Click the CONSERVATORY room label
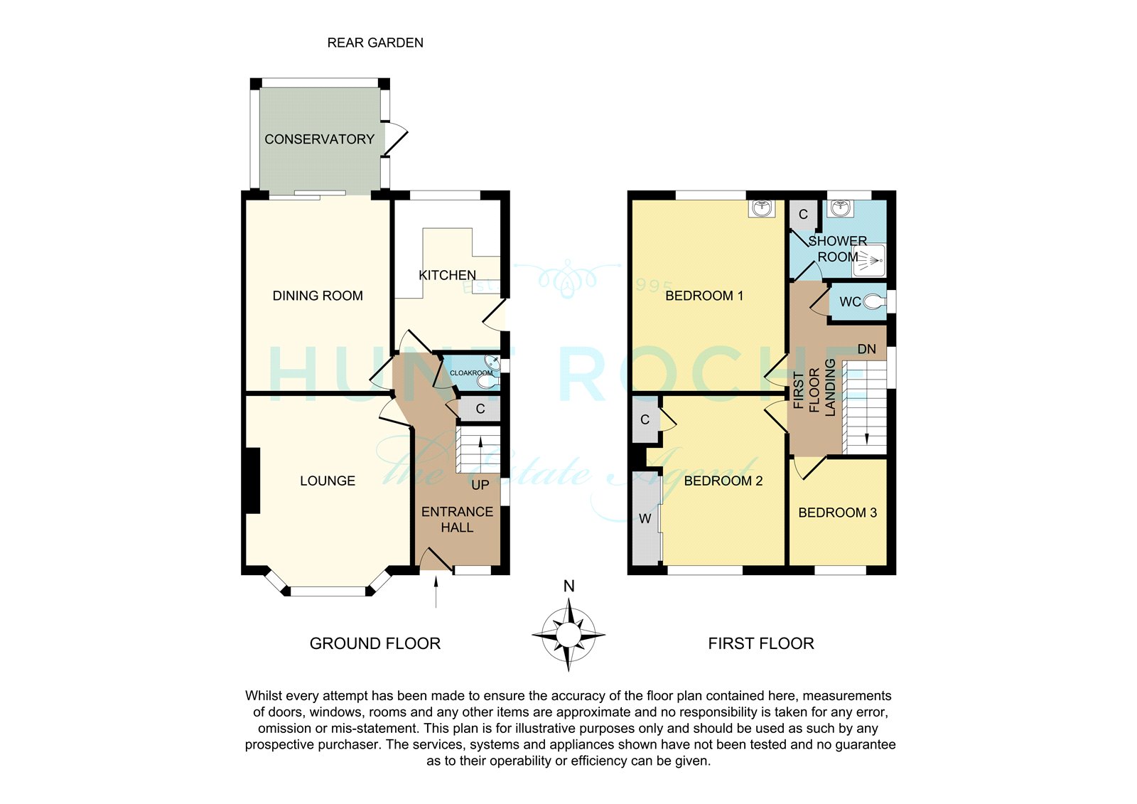(319, 139)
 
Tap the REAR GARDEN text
(375, 43)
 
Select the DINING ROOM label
(318, 296)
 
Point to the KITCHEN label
(447, 275)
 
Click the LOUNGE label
(328, 481)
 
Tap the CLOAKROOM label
(471, 372)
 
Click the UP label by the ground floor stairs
(480, 485)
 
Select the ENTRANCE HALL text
(458, 520)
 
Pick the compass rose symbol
(568, 635)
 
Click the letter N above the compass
(569, 586)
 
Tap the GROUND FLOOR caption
(375, 643)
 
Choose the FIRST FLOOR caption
(761, 643)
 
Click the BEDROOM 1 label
(704, 296)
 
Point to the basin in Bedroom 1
(762, 208)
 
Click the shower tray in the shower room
(869, 261)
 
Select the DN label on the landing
(866, 350)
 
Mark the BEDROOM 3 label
(838, 513)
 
